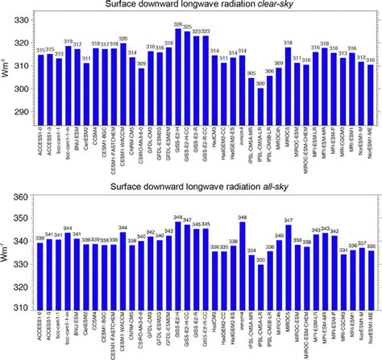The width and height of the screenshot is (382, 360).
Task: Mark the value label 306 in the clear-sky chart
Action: coord(269,71)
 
